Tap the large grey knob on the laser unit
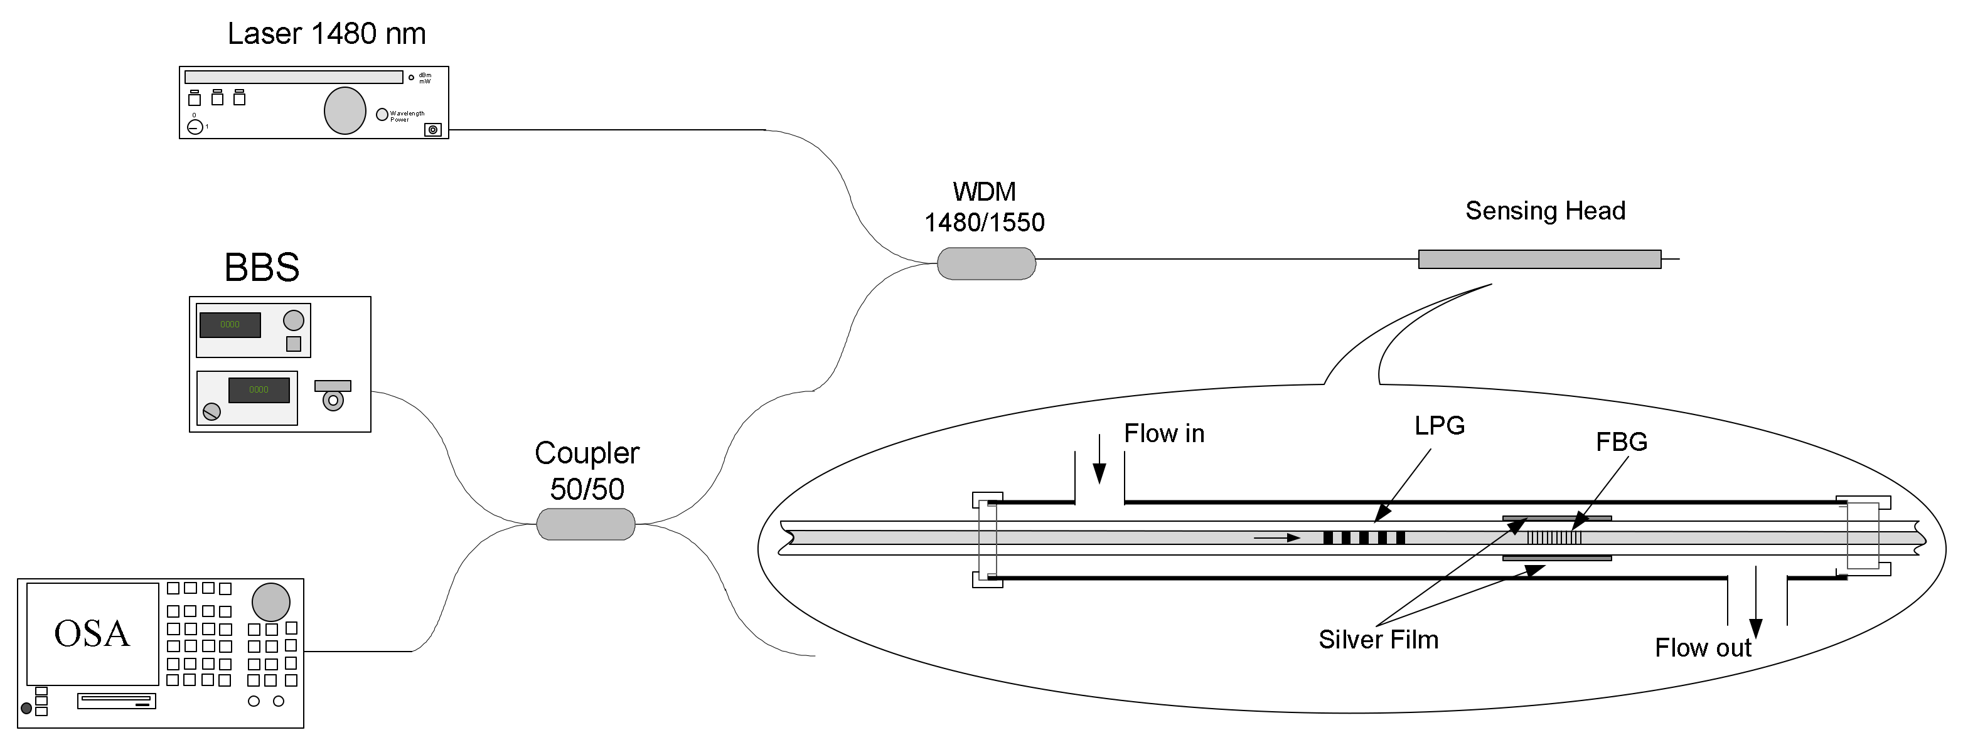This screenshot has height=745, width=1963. pyautogui.click(x=345, y=110)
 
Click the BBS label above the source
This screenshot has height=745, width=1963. pyautogui.click(x=261, y=267)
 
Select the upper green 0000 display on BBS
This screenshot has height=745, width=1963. pyautogui.click(x=230, y=324)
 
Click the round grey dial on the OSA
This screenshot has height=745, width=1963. pyautogui.click(x=270, y=602)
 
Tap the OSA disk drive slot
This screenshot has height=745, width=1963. pyautogui.click(x=117, y=700)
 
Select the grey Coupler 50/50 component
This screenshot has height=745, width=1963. pyautogui.click(x=586, y=524)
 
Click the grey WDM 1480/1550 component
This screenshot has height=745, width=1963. pyautogui.click(x=986, y=263)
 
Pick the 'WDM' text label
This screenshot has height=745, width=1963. pyautogui.click(x=984, y=192)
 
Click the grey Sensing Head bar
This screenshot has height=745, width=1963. pyautogui.click(x=1539, y=259)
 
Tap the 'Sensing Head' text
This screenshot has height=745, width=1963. pyautogui.click(x=1544, y=211)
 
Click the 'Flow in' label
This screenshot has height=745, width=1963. pyautogui.click(x=1163, y=434)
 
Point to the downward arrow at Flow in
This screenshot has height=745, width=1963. pyautogui.click(x=1099, y=462)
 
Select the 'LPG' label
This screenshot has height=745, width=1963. pyautogui.click(x=1440, y=426)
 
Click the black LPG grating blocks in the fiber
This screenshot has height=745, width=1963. pyautogui.click(x=1364, y=538)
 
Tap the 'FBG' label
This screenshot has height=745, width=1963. pyautogui.click(x=1621, y=443)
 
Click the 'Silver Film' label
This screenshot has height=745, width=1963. pyautogui.click(x=1377, y=640)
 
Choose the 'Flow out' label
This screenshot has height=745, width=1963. pyautogui.click(x=1703, y=648)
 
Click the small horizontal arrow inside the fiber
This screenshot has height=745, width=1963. pyautogui.click(x=1276, y=538)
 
